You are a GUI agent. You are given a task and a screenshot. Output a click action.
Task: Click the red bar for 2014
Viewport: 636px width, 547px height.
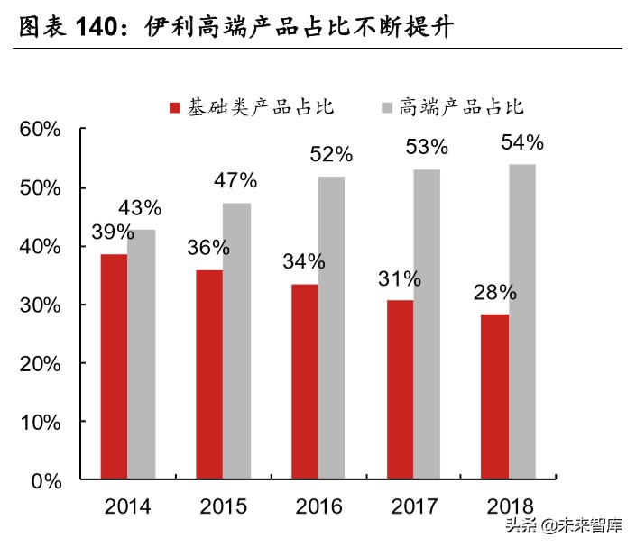(x=114, y=367)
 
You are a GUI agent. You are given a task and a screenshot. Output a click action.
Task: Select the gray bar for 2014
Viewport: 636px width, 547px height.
(x=141, y=354)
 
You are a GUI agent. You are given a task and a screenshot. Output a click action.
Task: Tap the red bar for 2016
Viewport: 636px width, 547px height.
(x=304, y=382)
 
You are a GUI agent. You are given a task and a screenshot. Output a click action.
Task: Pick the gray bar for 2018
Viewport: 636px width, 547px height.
(x=521, y=322)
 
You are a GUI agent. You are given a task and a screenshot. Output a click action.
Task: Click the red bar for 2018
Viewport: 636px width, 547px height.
(x=494, y=397)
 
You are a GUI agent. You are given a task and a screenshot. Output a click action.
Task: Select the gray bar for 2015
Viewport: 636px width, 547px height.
(x=236, y=342)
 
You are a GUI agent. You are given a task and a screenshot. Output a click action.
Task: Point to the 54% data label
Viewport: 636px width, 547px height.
(x=521, y=143)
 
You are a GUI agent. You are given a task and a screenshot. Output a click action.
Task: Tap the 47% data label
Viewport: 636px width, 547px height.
(x=235, y=180)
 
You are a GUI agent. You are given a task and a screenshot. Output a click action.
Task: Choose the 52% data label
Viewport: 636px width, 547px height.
(x=331, y=154)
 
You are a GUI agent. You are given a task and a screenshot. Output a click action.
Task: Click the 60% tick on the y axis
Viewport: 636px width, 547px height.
(x=40, y=130)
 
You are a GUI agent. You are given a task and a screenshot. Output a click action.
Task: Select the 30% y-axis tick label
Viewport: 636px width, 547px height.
(x=40, y=305)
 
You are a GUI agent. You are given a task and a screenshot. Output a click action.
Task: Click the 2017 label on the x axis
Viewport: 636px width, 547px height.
(x=413, y=506)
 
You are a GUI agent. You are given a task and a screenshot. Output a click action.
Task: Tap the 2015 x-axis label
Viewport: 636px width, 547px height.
(x=223, y=506)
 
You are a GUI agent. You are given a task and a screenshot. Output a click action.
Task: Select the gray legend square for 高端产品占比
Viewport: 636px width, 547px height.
(x=388, y=108)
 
